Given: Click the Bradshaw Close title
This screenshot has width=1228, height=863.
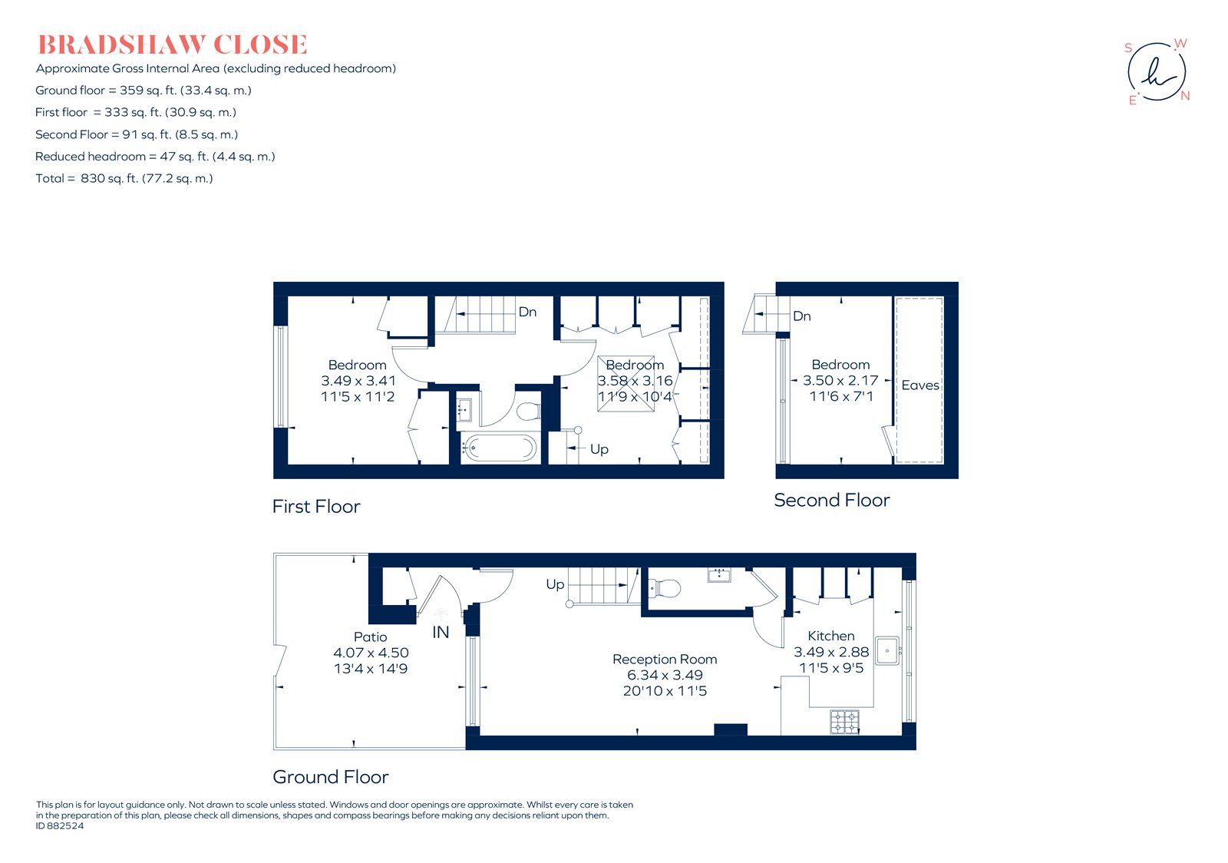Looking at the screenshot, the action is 172,45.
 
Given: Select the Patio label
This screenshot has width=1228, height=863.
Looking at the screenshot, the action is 371,637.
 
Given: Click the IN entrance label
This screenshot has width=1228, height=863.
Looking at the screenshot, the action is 441,632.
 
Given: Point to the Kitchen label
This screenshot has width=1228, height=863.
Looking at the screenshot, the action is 831,636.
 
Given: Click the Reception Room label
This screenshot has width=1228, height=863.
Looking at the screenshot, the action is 665,659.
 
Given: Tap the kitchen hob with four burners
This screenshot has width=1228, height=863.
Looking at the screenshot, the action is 845,722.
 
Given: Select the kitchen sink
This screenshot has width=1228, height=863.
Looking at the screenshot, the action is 887,650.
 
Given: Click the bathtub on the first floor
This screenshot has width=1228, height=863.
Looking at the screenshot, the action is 498,448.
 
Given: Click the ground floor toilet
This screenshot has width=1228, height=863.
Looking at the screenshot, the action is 665,588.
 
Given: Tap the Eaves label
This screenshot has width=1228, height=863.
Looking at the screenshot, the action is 920,385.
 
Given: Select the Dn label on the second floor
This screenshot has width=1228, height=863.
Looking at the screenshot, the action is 801,316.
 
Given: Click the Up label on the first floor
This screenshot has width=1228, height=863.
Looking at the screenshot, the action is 599,450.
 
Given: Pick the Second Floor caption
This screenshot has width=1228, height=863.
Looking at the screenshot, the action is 832,500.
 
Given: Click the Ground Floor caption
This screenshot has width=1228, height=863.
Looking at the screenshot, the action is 331,777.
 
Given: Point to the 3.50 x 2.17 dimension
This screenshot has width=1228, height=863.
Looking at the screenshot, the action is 840,380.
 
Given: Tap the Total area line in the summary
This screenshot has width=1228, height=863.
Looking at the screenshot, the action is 124,178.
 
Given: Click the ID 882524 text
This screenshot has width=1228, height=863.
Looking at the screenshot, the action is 60,825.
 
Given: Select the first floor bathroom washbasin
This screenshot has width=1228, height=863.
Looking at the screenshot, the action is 464,409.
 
